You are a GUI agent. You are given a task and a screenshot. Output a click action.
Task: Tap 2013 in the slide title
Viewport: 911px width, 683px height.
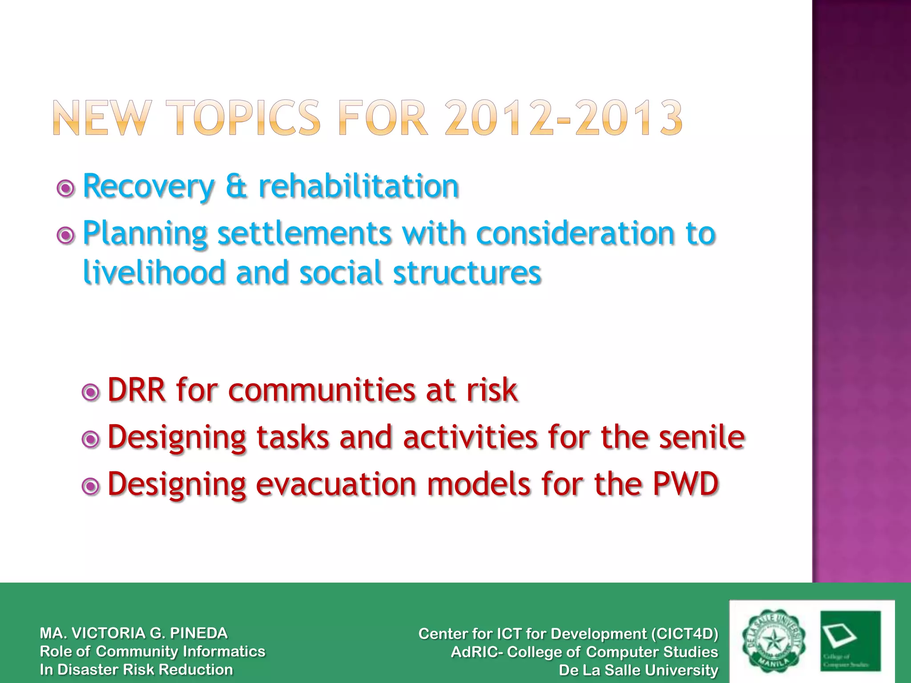(x=629, y=118)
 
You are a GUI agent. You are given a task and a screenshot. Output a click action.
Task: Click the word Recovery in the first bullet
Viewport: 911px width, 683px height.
(x=149, y=187)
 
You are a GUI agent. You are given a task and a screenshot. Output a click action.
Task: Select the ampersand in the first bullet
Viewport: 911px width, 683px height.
(x=236, y=187)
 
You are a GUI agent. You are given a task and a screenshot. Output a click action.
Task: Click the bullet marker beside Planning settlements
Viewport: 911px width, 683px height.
(x=66, y=235)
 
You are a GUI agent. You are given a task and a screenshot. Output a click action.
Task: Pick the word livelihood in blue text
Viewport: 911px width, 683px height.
(x=154, y=272)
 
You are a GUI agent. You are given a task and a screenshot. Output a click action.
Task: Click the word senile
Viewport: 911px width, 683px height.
(x=701, y=437)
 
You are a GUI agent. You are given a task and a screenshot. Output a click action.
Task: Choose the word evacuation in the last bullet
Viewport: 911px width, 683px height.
(x=336, y=484)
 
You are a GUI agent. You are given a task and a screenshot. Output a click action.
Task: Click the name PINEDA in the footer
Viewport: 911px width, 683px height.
(x=199, y=633)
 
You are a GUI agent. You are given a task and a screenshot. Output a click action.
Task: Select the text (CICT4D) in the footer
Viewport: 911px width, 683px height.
(x=684, y=634)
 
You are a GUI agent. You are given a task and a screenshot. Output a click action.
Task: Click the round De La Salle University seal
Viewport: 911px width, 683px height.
(x=774, y=641)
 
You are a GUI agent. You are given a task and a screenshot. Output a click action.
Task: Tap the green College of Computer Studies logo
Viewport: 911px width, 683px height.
(x=850, y=641)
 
